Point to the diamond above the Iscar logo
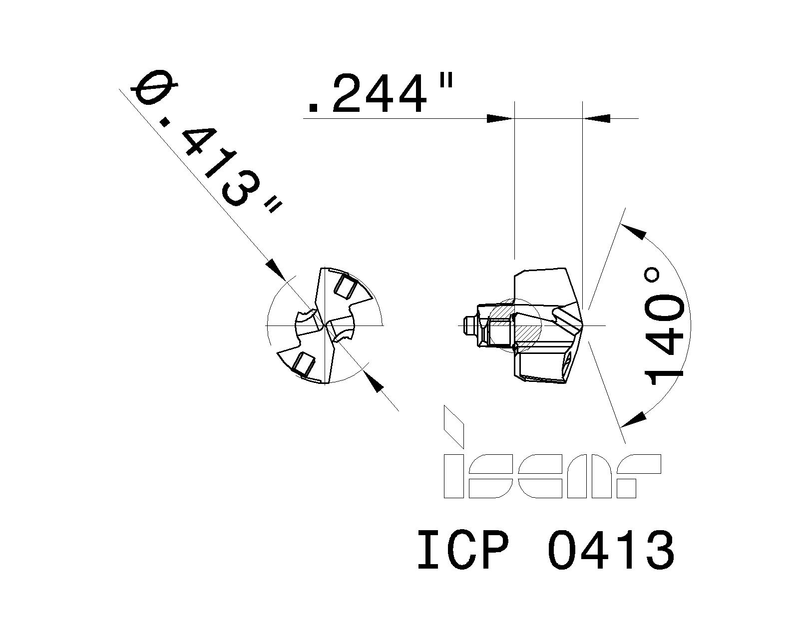[x=454, y=426]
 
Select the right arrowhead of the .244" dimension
[x=597, y=118]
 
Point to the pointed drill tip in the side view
[x=584, y=325]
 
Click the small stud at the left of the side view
[x=468, y=325]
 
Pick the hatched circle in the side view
[x=514, y=325]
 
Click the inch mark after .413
[x=272, y=205]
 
